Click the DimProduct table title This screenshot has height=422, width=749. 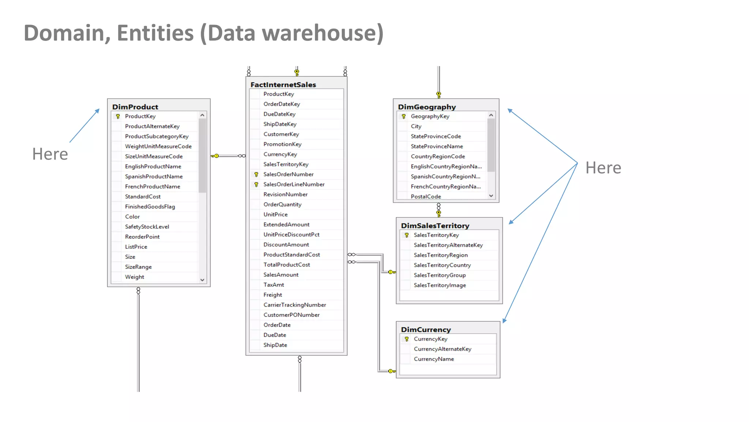coord(135,107)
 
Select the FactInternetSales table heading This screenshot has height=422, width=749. coord(283,85)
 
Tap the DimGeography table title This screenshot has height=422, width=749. coord(427,107)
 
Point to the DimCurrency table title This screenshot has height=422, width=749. coord(426,330)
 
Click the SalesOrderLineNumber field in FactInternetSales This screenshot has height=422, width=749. coord(294,184)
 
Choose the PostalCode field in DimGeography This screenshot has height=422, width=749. coord(426,196)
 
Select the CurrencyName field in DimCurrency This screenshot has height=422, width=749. coord(434,359)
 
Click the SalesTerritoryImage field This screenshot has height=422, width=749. coord(440,285)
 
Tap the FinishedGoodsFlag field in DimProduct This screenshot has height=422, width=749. coord(150,207)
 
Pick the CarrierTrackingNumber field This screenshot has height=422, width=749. coord(294,305)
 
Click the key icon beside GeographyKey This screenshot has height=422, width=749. coord(404,116)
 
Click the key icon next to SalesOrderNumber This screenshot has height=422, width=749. coord(256,175)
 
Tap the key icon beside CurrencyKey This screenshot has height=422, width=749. coord(407,339)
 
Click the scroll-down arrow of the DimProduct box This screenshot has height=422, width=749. coord(202,280)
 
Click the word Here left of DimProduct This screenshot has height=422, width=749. coord(50,154)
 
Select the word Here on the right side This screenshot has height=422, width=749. coord(603,168)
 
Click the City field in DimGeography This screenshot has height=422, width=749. coord(416,126)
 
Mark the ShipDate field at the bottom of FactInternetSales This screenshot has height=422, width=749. coord(275,345)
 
